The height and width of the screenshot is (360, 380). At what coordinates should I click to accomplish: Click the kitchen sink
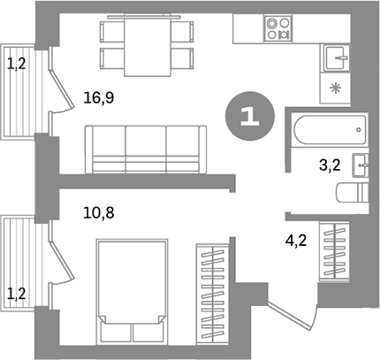click(x=336, y=58)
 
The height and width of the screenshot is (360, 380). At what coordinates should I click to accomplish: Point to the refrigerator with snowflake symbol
click(x=336, y=88)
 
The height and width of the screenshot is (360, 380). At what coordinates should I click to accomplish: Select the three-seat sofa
click(x=145, y=148)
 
